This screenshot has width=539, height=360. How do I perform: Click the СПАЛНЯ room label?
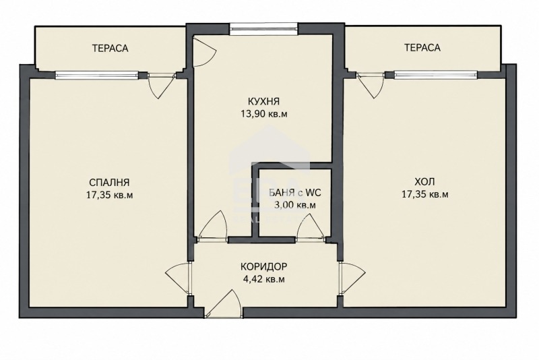pyautogui.click(x=109, y=182)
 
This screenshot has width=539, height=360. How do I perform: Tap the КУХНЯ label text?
pyautogui.click(x=263, y=101)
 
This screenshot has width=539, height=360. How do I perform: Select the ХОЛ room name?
pyautogui.click(x=424, y=181)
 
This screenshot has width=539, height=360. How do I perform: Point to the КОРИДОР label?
pyautogui.click(x=263, y=266)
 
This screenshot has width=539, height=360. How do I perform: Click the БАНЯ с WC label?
pyautogui.click(x=295, y=193)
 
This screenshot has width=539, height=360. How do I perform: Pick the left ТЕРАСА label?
pyautogui.click(x=110, y=48)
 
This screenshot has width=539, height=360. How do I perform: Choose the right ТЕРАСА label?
pyautogui.click(x=422, y=47)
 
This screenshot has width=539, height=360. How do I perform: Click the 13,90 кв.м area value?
pyautogui.click(x=264, y=114)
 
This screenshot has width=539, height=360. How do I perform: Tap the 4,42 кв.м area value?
pyautogui.click(x=263, y=279)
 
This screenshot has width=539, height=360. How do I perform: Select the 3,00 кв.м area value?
pyautogui.click(x=294, y=205)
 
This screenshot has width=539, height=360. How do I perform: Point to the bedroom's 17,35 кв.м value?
pyautogui.click(x=109, y=195)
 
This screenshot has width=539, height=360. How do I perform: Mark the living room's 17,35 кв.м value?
pyautogui.click(x=425, y=194)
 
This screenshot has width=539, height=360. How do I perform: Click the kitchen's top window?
pyautogui.click(x=263, y=28)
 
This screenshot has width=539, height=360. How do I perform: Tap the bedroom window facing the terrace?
pyautogui.click(x=96, y=75)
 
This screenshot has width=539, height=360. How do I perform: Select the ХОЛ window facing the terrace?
pyautogui.click(x=435, y=75)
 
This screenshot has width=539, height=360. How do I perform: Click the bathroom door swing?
pyautogui.click(x=311, y=228)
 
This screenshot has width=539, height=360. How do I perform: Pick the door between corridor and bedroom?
pyautogui.click(x=179, y=279)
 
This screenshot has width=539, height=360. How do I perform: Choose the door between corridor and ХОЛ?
pyautogui.click(x=352, y=278)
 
